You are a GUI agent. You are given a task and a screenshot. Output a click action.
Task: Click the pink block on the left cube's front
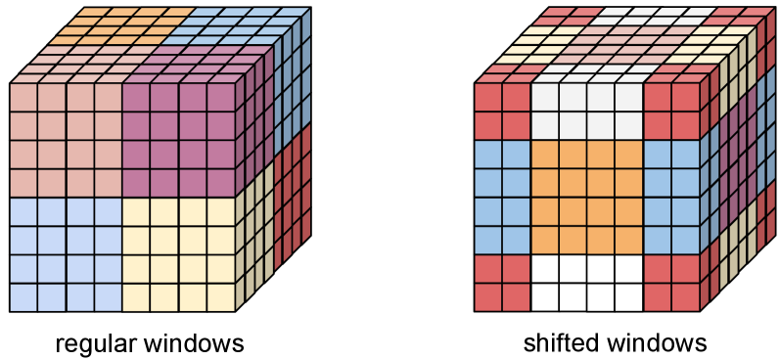(x=66, y=140)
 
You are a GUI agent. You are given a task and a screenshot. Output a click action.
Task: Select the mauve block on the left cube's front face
(x=178, y=140)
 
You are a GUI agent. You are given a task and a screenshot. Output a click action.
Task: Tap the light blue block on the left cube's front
(x=66, y=253)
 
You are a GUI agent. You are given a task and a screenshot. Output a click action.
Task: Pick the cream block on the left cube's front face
(x=178, y=253)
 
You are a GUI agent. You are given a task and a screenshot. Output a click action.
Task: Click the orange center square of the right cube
(x=587, y=197)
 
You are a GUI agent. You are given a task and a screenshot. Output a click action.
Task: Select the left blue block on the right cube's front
(x=502, y=197)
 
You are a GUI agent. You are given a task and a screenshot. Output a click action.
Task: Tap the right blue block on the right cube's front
(x=671, y=197)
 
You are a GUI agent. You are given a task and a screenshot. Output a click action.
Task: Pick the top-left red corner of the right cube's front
(x=502, y=112)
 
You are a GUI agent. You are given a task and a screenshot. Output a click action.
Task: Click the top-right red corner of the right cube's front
(x=671, y=112)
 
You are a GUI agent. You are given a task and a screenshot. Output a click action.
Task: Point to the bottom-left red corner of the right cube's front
(x=502, y=282)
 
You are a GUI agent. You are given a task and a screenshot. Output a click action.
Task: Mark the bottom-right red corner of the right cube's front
(x=671, y=282)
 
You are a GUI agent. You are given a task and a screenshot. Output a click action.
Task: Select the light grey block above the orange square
(x=587, y=112)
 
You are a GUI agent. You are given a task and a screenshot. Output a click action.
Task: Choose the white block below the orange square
(x=587, y=282)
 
